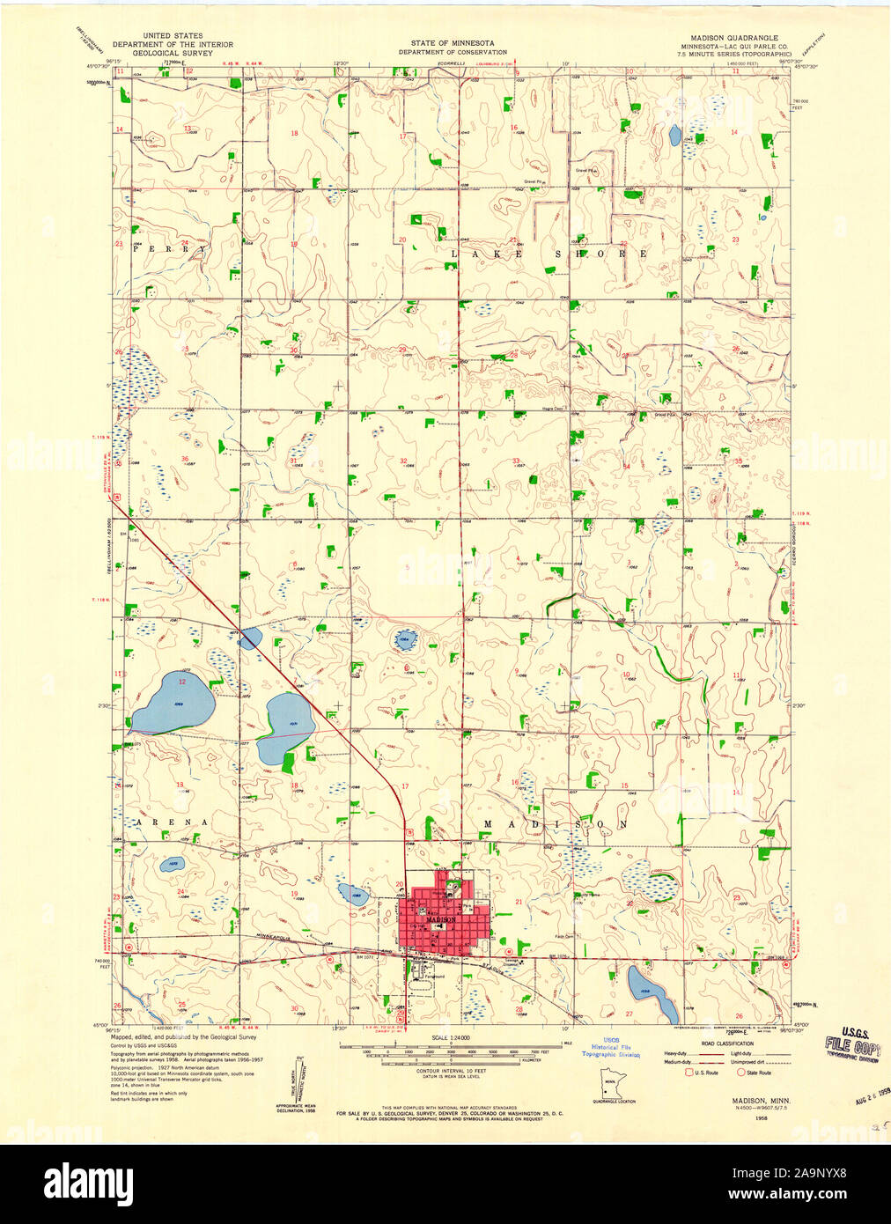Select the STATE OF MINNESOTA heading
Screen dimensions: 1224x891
[452, 43]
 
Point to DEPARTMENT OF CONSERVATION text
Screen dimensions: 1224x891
[452, 52]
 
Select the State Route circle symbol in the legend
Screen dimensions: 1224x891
[740, 1072]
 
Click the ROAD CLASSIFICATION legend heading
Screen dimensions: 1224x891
[728, 1043]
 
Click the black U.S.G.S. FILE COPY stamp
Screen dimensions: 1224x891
[851, 1049]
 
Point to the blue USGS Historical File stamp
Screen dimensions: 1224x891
[609, 1046]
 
